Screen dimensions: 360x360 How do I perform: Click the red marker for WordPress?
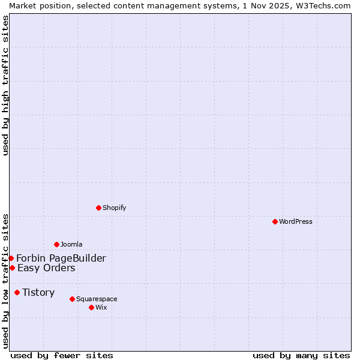[x=275, y=221]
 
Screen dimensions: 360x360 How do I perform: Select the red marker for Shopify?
[x=98, y=208]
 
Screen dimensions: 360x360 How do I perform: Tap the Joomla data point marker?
[x=56, y=244]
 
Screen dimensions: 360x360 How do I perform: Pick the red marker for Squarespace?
[x=72, y=299]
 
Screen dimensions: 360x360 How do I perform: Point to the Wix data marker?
[x=91, y=307]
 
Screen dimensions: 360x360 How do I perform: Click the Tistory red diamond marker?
[x=17, y=292]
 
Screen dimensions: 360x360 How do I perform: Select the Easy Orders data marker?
[x=12, y=268]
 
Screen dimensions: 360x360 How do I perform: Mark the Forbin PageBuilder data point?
[x=11, y=258]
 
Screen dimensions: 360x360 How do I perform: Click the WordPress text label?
[x=296, y=221]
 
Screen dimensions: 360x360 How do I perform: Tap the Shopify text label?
[x=114, y=208]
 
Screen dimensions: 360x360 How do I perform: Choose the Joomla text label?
[x=71, y=244]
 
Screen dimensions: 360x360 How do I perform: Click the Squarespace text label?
[x=97, y=299]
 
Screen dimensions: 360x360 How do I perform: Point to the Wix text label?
[x=101, y=307]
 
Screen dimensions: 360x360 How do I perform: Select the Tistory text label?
[x=38, y=292]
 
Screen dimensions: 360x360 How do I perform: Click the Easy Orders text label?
[x=46, y=268]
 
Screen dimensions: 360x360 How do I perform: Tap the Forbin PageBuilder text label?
[x=61, y=258]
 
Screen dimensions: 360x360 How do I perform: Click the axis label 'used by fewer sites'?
[x=62, y=355]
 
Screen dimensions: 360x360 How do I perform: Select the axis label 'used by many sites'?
[x=301, y=355]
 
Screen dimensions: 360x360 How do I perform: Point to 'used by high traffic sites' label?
[x=5, y=85]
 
